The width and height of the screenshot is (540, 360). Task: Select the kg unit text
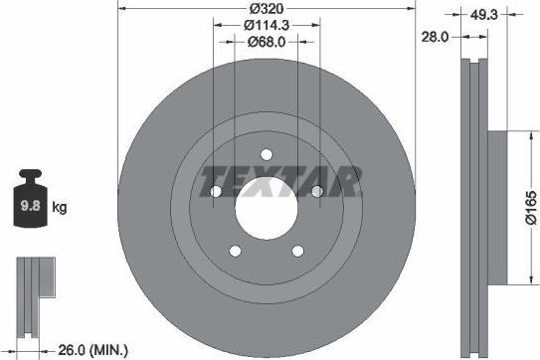pyautogui.click(x=59, y=208)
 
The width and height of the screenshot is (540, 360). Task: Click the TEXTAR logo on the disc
pyautogui.click(x=280, y=183)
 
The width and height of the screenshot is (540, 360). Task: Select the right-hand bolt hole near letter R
pyautogui.click(x=316, y=191)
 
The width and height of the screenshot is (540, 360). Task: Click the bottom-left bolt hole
pyautogui.click(x=236, y=250)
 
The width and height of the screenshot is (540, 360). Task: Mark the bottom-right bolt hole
pyautogui.click(x=297, y=250)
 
